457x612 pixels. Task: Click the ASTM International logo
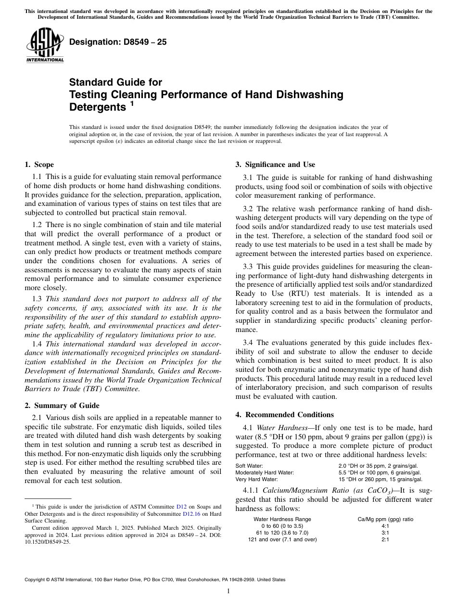click(45, 46)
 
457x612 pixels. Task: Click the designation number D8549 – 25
click(118, 42)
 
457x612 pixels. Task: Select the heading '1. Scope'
click(39, 165)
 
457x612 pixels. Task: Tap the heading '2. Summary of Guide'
click(62, 405)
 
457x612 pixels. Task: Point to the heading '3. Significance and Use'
click(275, 165)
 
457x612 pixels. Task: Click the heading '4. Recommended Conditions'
click(284, 414)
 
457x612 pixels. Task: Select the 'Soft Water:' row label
click(249, 466)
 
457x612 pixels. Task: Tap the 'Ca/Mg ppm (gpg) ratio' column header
click(385, 519)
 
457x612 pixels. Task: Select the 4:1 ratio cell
click(385, 526)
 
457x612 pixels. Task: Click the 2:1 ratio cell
click(385, 539)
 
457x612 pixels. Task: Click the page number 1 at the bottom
click(228, 591)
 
